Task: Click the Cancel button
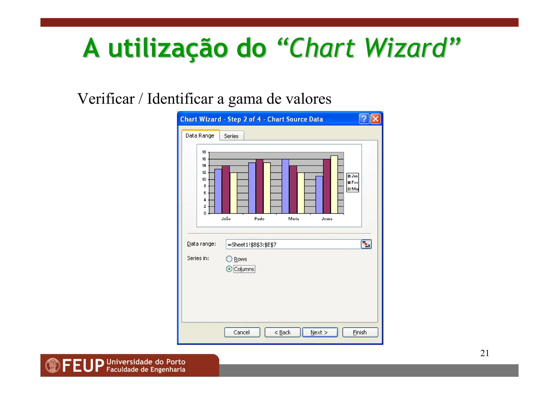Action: [242, 332]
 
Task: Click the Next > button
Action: [320, 332]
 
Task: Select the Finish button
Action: [360, 332]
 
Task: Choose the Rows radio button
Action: [229, 259]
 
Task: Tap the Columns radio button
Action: [229, 269]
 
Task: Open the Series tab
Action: [231, 136]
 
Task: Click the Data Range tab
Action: [200, 135]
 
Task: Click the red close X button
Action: [376, 119]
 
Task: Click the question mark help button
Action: [364, 119]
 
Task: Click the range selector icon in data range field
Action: [366, 244]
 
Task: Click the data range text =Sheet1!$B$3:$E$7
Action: [252, 245]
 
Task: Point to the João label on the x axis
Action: [226, 219]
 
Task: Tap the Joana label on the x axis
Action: [327, 219]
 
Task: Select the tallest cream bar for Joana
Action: [334, 185]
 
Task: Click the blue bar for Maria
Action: [285, 186]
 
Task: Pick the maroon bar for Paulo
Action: [259, 186]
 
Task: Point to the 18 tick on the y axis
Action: [204, 152]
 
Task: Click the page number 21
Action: [484, 353]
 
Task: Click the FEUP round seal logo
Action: [53, 365]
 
